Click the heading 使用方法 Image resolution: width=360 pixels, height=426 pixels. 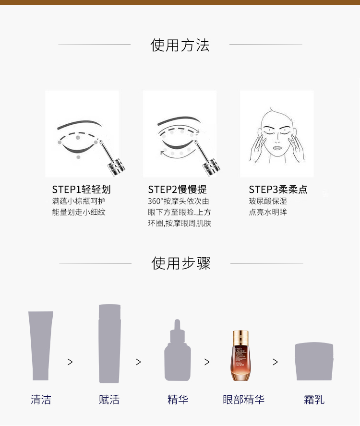coord(180,45)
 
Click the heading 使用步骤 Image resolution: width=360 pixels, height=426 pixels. coord(181,263)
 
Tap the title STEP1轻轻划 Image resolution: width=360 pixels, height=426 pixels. coord(81,189)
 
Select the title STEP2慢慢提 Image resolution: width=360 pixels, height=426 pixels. coord(177,189)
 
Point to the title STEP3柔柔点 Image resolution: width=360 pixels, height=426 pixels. coord(278,189)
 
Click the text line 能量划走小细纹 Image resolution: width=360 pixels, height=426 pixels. coord(79,212)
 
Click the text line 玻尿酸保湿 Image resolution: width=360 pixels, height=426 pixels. coord(268,201)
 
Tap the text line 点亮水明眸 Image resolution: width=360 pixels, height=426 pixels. coord(268,212)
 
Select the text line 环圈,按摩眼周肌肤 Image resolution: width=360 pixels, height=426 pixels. coord(180,224)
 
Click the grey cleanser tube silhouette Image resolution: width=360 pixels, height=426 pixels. coord(41,345)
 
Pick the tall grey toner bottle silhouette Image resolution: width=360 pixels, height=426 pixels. coord(109,343)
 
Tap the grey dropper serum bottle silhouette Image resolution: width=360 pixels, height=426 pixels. coord(178,350)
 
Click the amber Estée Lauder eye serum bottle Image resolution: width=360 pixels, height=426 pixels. coord(240,355)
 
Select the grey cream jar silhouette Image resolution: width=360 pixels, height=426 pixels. coord(314,361)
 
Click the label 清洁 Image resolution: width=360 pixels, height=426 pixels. coord(41,400)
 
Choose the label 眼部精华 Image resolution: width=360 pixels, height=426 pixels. coord(243,400)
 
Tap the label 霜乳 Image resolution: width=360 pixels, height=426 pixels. coord(314,400)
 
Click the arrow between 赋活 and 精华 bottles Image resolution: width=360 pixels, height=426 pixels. coord(138,362)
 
